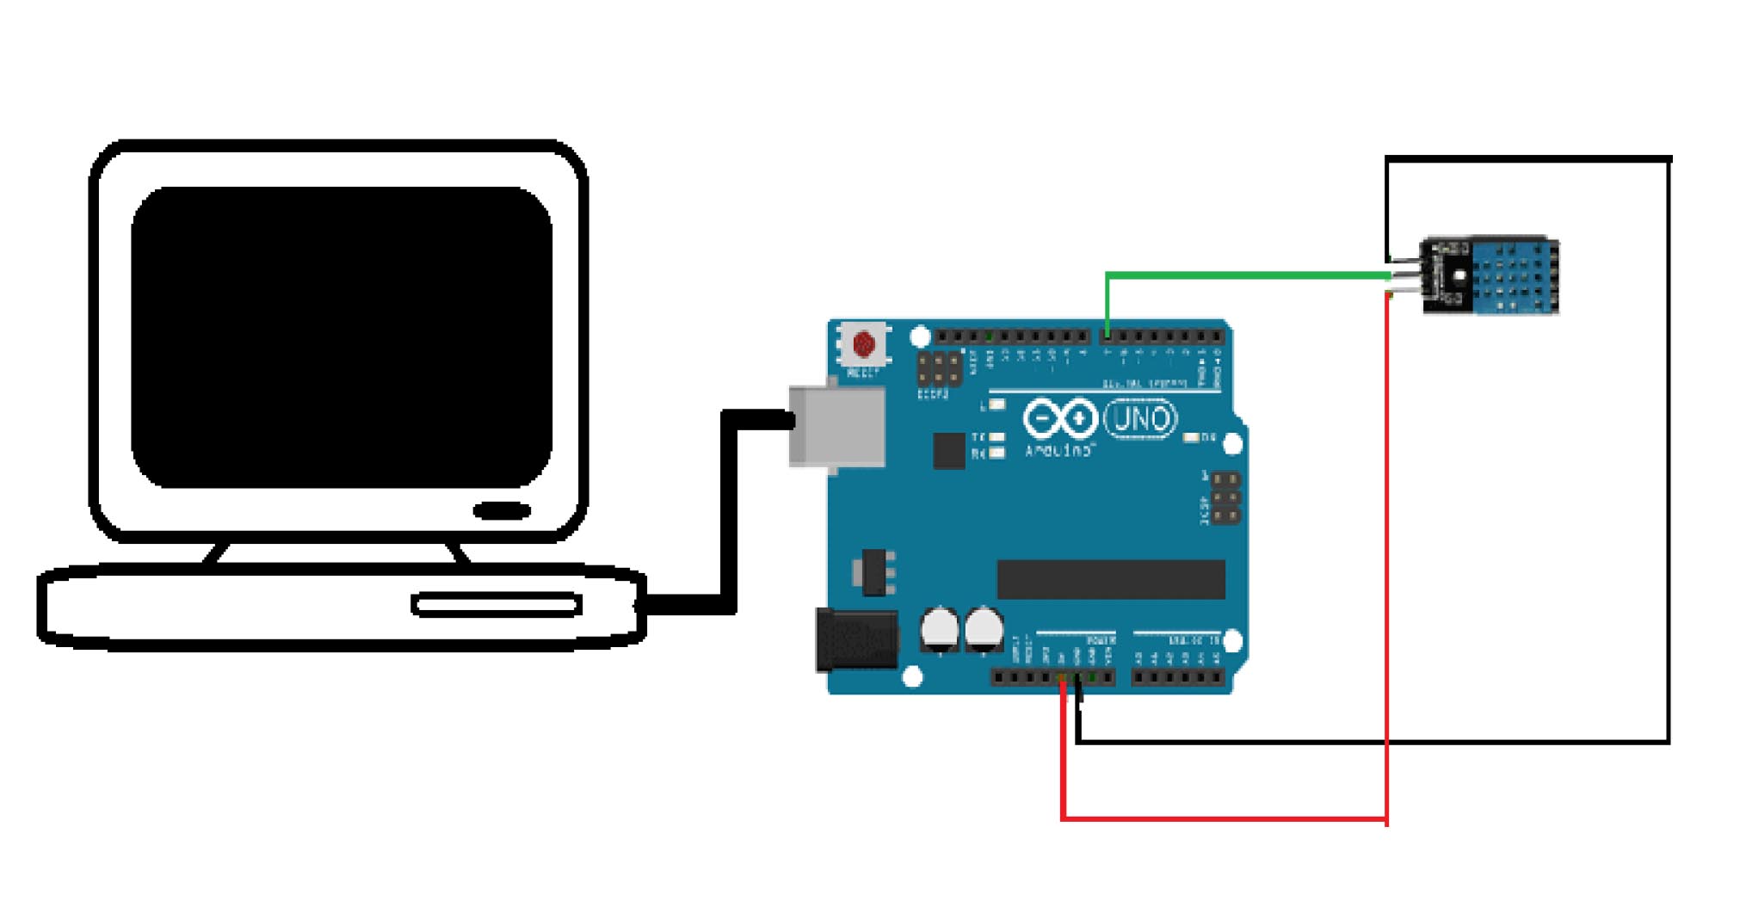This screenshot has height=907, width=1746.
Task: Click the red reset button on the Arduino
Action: [863, 345]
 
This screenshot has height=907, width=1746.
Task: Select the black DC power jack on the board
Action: [856, 640]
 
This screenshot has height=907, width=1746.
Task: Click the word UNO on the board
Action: [1140, 420]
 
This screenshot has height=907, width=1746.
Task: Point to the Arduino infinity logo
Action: [1059, 419]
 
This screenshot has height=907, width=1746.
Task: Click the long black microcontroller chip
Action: [1110, 579]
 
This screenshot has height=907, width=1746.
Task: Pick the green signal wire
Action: [1248, 275]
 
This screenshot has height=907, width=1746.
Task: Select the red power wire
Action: [1222, 818]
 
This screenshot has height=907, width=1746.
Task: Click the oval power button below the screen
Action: [502, 511]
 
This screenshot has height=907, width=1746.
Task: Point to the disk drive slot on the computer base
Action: [497, 605]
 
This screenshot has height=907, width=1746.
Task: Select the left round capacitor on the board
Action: [939, 629]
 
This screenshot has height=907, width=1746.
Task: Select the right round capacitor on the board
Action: [983, 629]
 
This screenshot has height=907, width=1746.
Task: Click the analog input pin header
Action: [1177, 678]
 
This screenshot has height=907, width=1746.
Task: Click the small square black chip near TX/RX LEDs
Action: [948, 451]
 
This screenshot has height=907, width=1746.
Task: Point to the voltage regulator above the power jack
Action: [873, 572]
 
